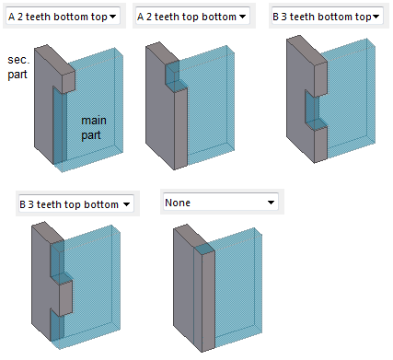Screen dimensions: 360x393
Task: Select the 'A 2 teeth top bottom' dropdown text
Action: (188, 17)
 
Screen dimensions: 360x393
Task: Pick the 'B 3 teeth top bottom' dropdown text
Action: (70, 204)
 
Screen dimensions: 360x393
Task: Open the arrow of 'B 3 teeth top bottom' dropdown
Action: (127, 204)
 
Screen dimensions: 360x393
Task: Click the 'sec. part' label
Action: (17, 65)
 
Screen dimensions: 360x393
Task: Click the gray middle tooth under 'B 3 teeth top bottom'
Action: (64, 296)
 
